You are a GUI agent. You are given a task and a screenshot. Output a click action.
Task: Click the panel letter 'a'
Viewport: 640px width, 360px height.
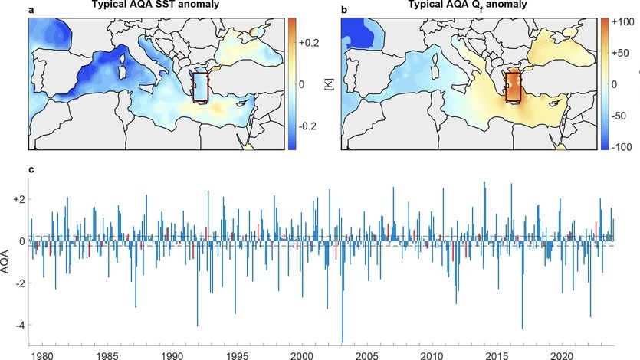(32, 9)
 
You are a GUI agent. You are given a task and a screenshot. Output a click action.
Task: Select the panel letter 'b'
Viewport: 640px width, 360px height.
(343, 9)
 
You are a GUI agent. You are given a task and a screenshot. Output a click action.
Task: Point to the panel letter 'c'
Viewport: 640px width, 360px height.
(31, 169)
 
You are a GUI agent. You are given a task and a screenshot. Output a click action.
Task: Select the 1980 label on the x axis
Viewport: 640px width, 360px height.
(43, 356)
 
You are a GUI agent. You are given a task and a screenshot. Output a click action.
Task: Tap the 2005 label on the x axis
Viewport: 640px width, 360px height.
(368, 356)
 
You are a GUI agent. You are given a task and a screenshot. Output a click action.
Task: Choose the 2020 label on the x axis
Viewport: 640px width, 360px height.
(563, 356)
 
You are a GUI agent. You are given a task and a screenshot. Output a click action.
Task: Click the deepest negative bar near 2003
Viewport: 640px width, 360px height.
(342, 337)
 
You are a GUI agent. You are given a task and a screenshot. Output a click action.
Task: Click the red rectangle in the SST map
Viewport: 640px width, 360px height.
(201, 87)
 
